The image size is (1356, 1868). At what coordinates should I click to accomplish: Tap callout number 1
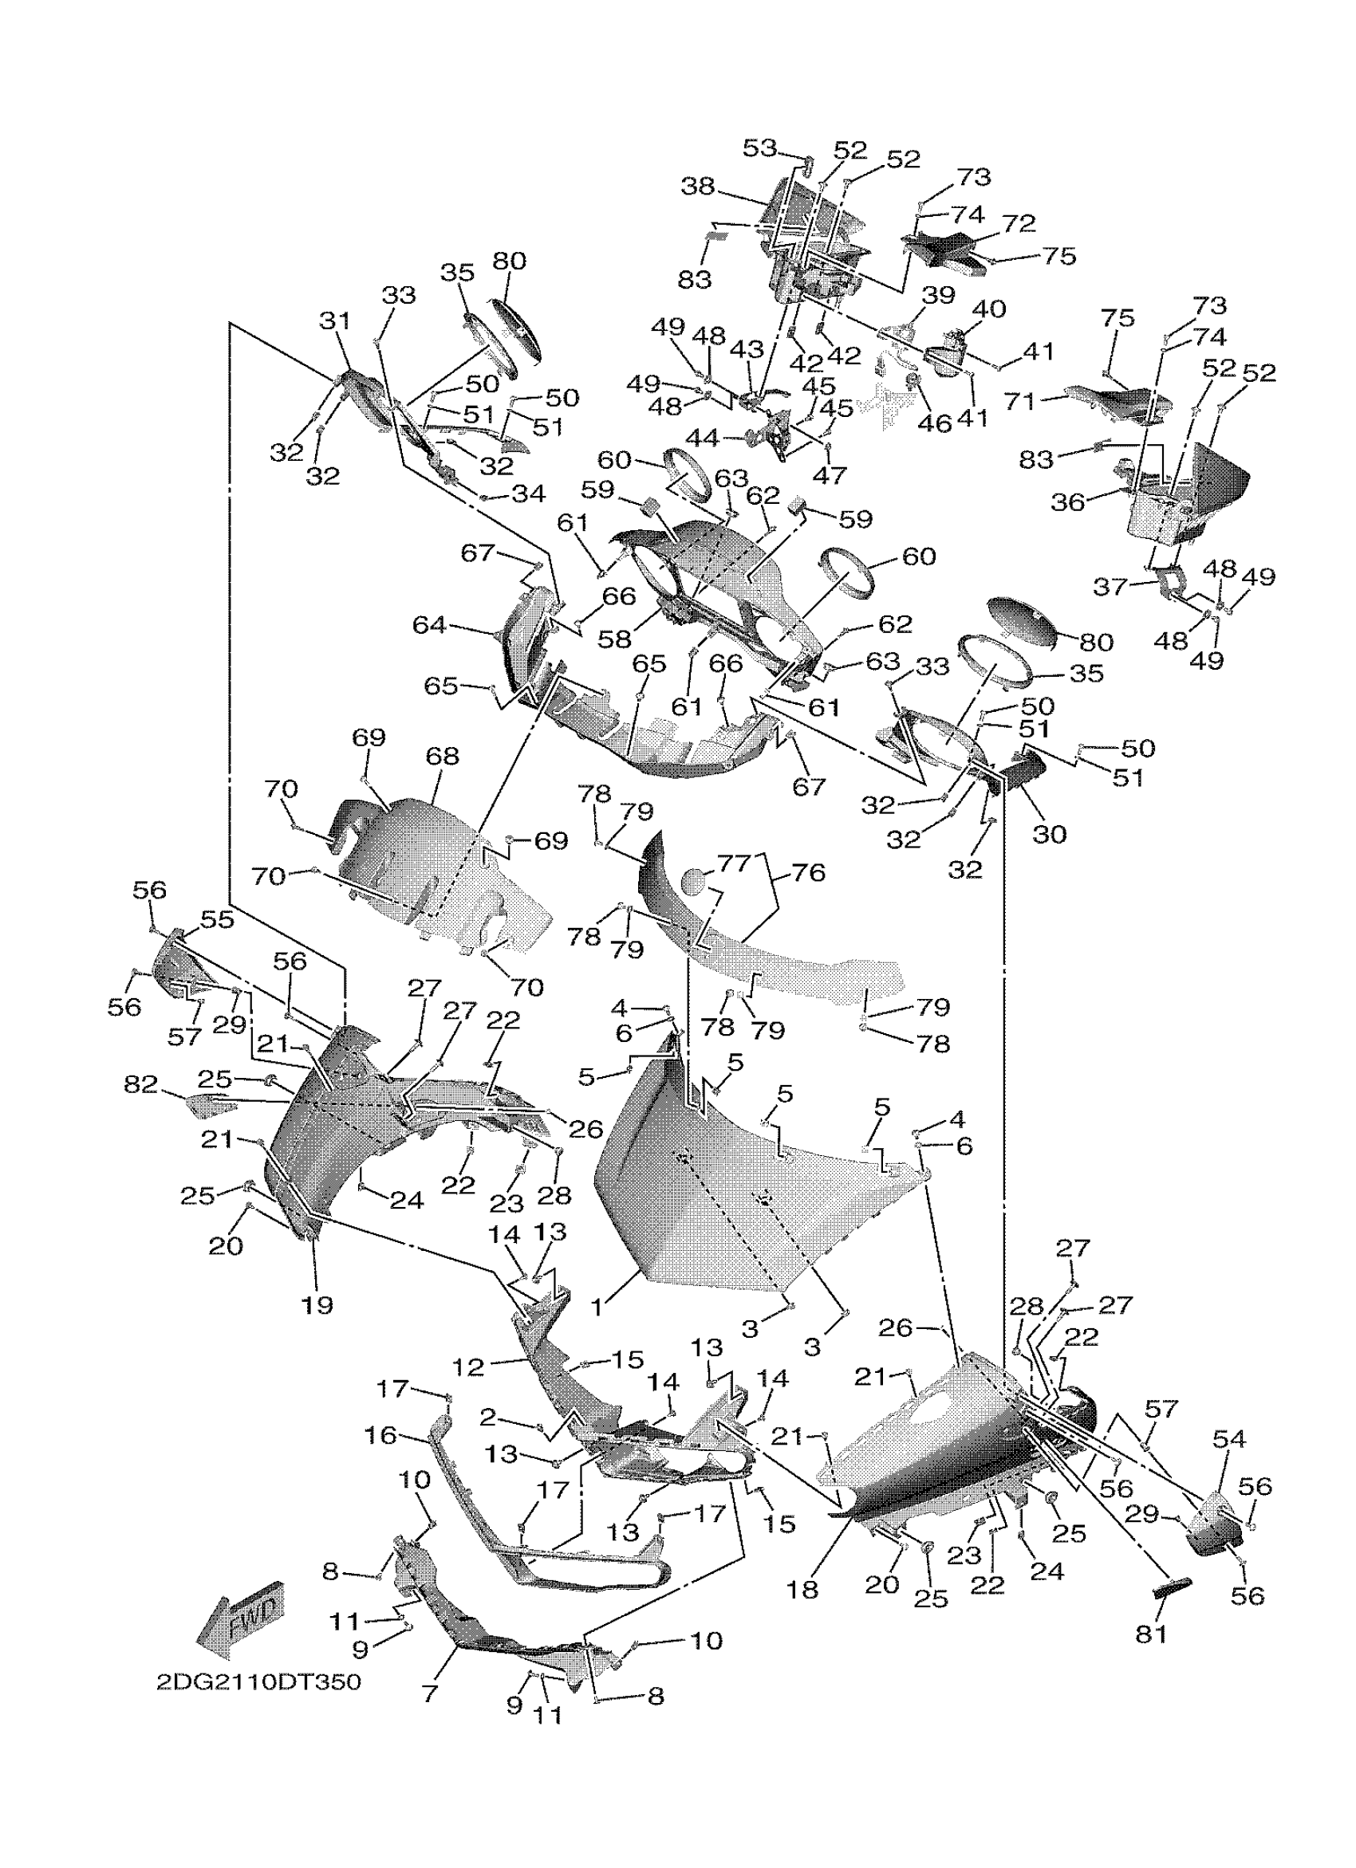599,1307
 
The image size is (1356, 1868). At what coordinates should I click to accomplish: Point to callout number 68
443,755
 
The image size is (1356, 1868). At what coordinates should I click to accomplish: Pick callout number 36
1068,501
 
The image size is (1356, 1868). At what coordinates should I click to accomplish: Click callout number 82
140,1085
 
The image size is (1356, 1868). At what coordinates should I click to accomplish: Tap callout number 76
807,872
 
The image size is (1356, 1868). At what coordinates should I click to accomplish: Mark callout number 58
614,637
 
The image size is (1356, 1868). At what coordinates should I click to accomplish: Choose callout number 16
380,1436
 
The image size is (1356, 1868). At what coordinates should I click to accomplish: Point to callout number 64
429,626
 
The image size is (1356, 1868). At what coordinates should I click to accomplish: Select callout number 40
988,309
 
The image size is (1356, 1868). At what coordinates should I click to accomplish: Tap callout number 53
759,148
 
